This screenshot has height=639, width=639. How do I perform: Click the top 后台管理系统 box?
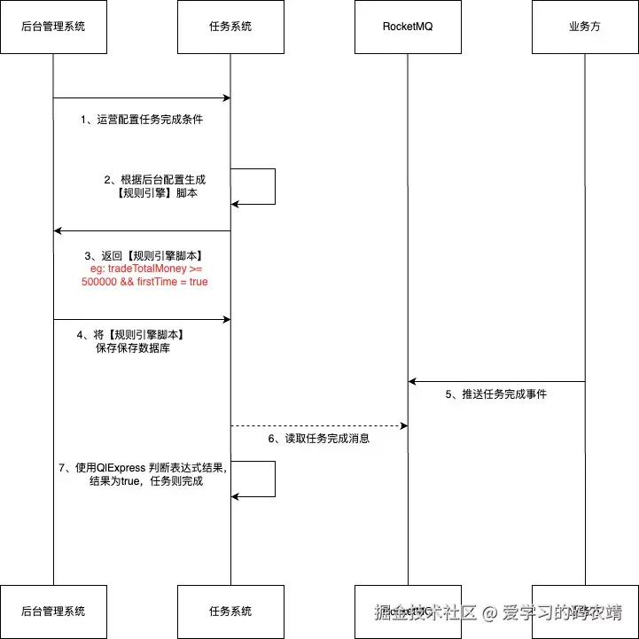click(53, 27)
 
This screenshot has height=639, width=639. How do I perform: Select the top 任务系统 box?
click(230, 27)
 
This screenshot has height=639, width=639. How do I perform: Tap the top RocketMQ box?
click(408, 27)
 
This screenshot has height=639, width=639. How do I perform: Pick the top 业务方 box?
click(585, 27)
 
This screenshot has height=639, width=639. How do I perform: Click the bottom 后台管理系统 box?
click(53, 611)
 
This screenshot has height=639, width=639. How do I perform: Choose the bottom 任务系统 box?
click(230, 611)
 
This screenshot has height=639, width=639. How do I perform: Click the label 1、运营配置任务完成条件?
click(142, 119)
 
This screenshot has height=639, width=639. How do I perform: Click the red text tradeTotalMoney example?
click(144, 275)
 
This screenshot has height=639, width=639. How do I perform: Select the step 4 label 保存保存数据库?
click(132, 342)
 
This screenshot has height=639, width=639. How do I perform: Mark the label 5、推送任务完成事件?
click(496, 394)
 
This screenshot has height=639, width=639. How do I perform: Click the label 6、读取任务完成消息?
click(319, 439)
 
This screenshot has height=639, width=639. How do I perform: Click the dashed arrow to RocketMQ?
click(319, 425)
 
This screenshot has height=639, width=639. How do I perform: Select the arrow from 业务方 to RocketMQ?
click(496, 381)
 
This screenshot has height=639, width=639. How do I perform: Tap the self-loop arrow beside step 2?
click(274, 186)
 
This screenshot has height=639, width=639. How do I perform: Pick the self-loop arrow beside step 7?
click(274, 479)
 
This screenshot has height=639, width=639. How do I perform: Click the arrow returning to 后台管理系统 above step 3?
click(142, 230)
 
